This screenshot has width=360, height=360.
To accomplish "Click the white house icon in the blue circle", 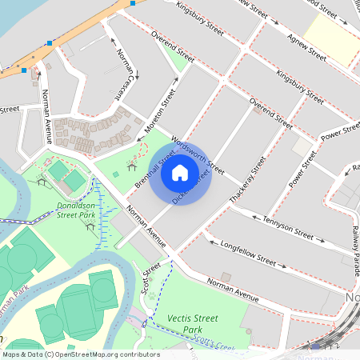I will pyautogui.click(x=180, y=172).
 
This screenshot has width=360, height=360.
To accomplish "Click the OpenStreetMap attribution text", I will pyautogui.click(x=80, y=354).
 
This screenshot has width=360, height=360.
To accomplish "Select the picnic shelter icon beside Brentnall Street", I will pyautogui.click(x=133, y=168).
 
